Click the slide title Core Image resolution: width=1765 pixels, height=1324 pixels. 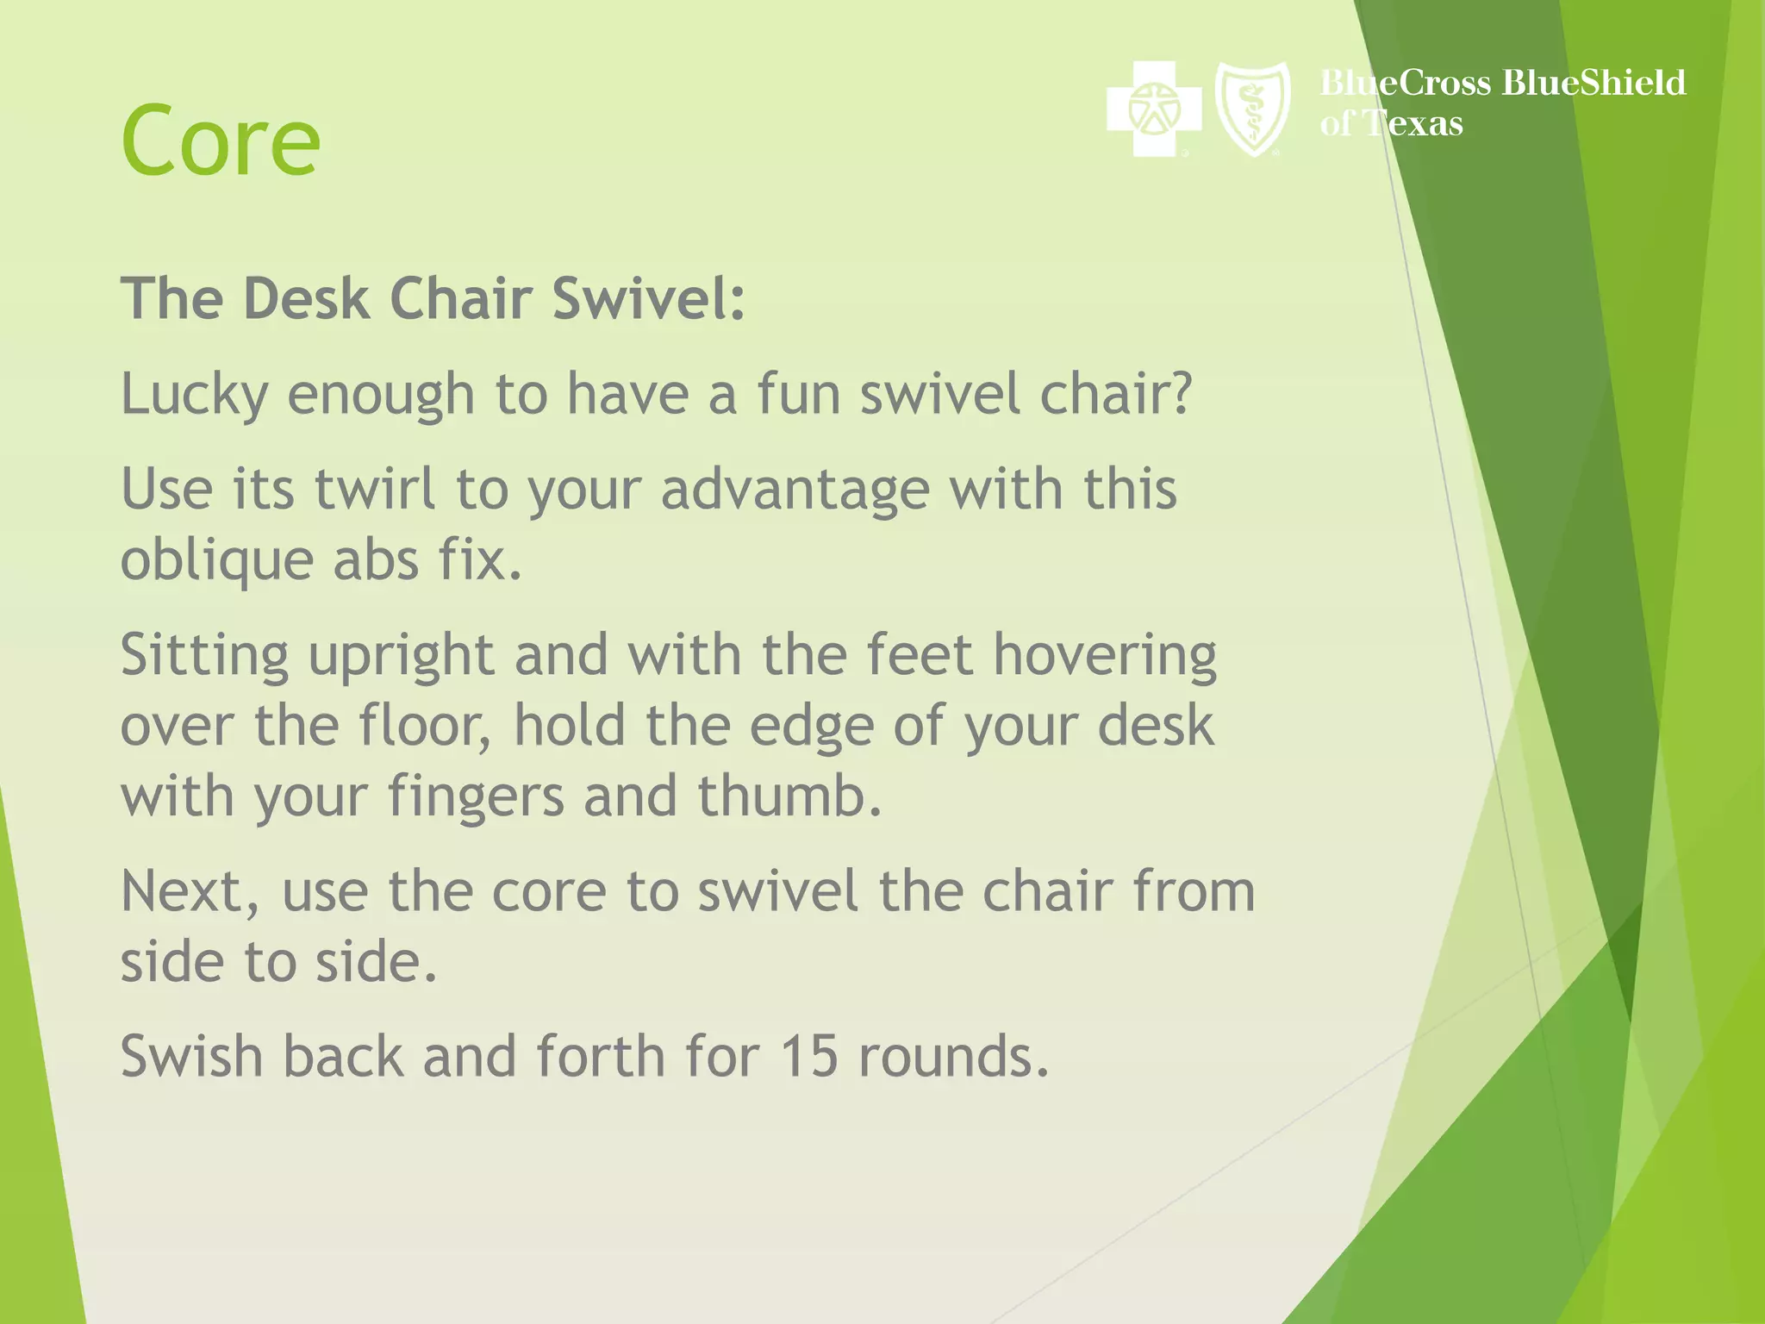(221, 141)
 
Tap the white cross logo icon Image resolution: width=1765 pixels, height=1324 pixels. (1153, 109)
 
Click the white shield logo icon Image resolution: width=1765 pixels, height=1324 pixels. (1252, 109)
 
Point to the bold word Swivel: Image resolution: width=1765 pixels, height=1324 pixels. (648, 299)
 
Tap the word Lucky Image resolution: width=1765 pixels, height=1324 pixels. (194, 395)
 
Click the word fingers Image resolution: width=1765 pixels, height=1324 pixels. (476, 797)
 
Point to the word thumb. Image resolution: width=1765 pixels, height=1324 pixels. (789, 796)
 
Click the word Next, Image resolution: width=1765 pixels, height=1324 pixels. (190, 892)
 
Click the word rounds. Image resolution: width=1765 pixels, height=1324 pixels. (953, 1057)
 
